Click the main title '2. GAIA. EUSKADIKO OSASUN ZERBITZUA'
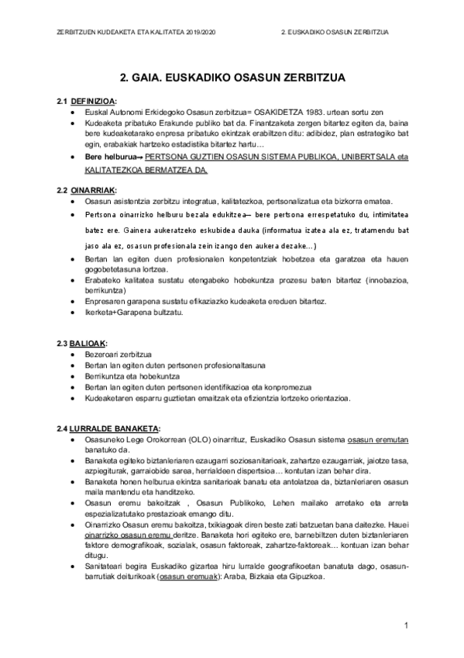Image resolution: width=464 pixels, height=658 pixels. [x=232, y=78]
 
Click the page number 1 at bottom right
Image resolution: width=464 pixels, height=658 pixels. [x=405, y=625]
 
